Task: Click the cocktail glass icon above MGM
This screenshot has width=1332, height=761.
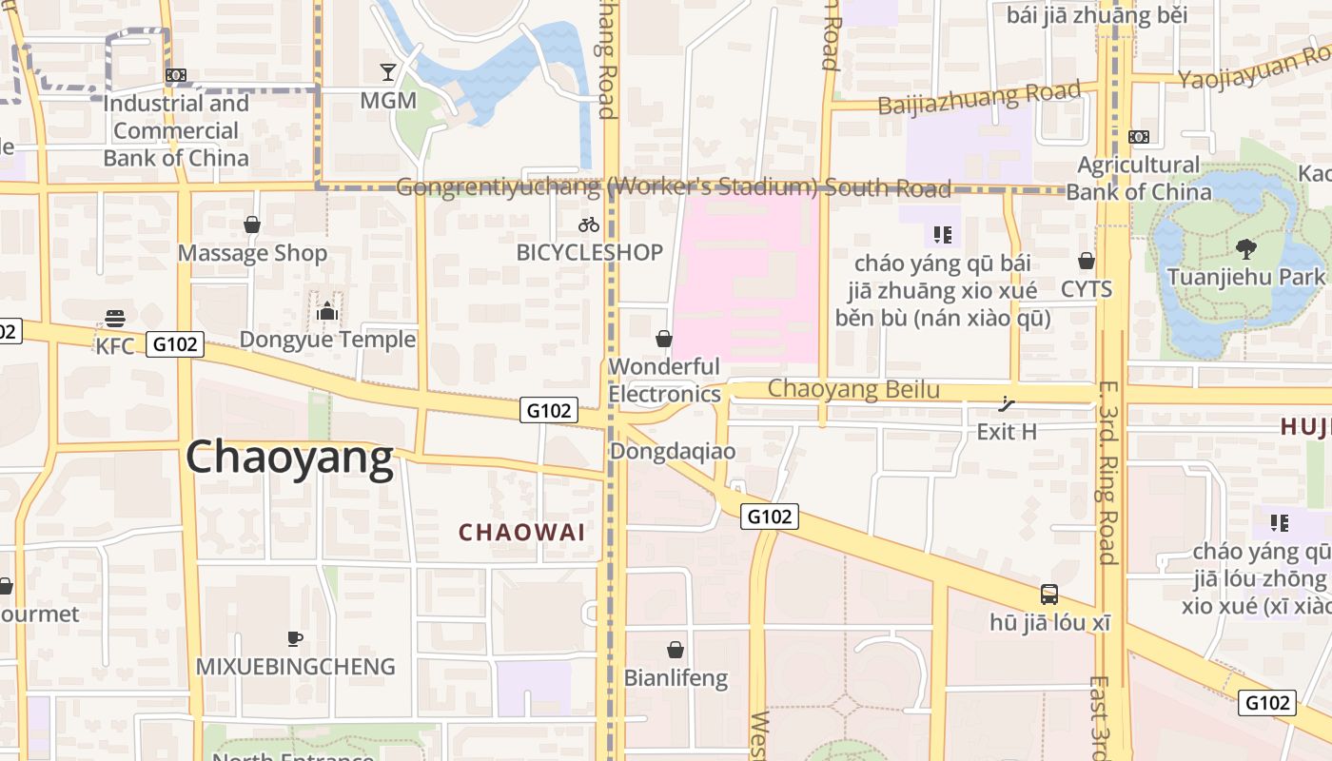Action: coord(388,71)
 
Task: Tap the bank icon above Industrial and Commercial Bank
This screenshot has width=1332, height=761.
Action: coord(176,75)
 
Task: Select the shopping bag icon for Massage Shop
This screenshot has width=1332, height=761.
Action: coord(252,224)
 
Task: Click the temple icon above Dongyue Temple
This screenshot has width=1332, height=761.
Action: coord(326,310)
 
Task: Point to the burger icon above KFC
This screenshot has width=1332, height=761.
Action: coord(115,318)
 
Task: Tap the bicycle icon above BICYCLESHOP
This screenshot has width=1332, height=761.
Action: coord(589,224)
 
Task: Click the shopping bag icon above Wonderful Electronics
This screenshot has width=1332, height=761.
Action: coord(664,339)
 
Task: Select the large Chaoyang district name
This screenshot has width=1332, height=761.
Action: coord(289,459)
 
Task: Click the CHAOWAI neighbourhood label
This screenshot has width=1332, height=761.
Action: coord(522,533)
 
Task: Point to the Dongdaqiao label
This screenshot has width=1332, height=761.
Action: coord(673,451)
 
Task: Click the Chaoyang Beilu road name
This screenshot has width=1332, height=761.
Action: coord(853,389)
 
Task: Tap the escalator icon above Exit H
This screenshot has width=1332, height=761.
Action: coord(1007,404)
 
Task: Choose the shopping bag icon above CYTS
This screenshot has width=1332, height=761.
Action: coord(1086,261)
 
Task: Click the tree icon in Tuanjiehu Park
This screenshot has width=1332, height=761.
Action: coord(1244,249)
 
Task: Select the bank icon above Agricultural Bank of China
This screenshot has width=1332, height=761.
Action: coord(1139,137)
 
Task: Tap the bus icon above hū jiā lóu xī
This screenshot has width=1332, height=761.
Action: coord(1049,595)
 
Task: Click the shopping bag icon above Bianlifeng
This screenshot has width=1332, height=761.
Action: coord(676,650)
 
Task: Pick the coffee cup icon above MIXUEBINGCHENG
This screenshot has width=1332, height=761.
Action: coord(295,638)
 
